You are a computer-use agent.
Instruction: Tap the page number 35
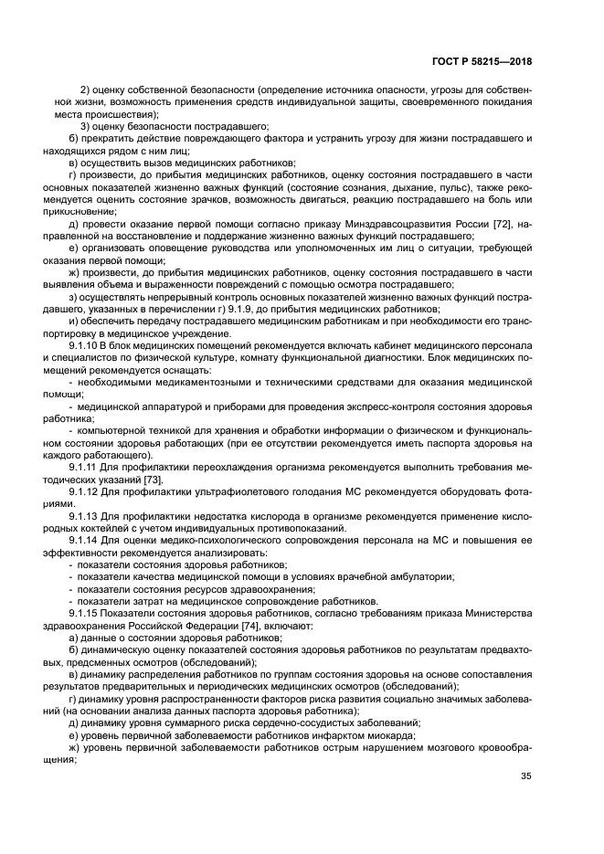(525, 776)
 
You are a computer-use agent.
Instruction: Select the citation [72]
(518, 224)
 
